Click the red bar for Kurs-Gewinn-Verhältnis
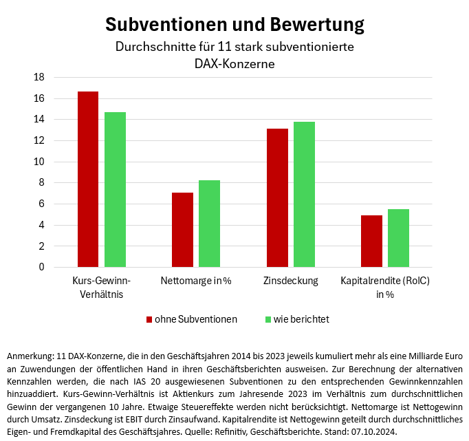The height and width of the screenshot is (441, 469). (x=88, y=179)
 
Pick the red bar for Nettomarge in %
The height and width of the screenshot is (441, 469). (x=182, y=230)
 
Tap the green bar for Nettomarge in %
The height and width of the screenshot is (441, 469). (x=209, y=224)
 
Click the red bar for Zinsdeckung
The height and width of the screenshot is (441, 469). (x=277, y=197)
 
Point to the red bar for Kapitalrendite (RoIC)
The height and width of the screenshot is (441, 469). (x=371, y=241)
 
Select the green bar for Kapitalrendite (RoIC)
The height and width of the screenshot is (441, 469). (x=398, y=238)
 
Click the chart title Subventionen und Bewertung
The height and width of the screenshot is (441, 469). (x=235, y=25)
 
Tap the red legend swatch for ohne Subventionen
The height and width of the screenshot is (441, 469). (x=149, y=319)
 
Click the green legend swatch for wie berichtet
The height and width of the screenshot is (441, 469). (x=268, y=319)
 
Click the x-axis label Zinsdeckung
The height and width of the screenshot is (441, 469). (x=290, y=281)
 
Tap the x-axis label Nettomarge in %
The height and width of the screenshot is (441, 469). (x=195, y=281)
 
